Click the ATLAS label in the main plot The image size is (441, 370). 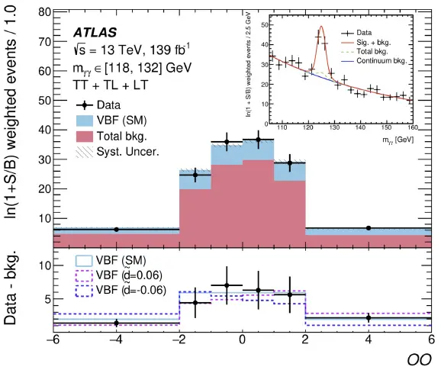(95, 33)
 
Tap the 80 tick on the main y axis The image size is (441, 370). (45, 12)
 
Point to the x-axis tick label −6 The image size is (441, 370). (53, 339)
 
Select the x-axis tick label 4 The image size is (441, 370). (369, 339)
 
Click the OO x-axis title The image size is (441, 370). (419, 359)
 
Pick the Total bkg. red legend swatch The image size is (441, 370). (85, 137)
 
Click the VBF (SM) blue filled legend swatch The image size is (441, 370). (85, 121)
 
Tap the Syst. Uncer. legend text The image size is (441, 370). (128, 152)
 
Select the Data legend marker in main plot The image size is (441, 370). (85, 105)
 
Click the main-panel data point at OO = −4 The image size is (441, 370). (117, 230)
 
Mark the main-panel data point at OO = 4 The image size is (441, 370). (369, 228)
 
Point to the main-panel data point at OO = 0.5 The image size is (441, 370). (258, 140)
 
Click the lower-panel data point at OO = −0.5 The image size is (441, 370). (227, 285)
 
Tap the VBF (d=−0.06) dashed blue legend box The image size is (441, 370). (84, 291)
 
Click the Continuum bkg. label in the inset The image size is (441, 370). (381, 61)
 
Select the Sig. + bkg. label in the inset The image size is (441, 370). (374, 43)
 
